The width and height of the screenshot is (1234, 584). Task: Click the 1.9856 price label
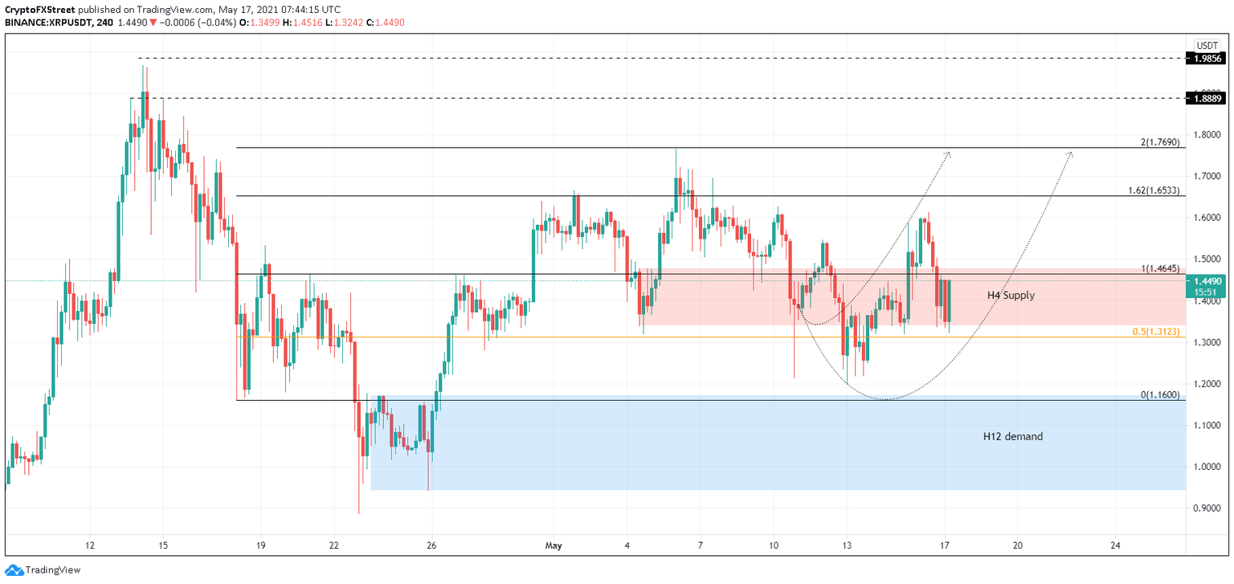click(x=1208, y=59)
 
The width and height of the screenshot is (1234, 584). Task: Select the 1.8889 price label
click(x=1208, y=98)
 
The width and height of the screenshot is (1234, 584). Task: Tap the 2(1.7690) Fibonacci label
click(x=1160, y=142)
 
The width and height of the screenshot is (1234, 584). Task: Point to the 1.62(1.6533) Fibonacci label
click(x=1154, y=191)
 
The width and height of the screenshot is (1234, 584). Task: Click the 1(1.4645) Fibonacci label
click(x=1160, y=269)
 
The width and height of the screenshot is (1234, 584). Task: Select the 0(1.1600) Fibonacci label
click(x=1160, y=395)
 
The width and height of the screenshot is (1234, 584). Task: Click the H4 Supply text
click(x=1011, y=296)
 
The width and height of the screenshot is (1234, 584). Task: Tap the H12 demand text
click(x=1013, y=437)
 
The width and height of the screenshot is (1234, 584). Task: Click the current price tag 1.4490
click(x=1208, y=281)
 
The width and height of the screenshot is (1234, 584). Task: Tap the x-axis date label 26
click(x=432, y=545)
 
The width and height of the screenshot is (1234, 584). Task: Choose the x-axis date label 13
click(x=847, y=545)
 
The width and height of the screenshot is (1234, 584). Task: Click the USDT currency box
click(x=1207, y=45)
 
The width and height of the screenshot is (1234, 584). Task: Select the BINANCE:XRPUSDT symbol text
click(x=47, y=22)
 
